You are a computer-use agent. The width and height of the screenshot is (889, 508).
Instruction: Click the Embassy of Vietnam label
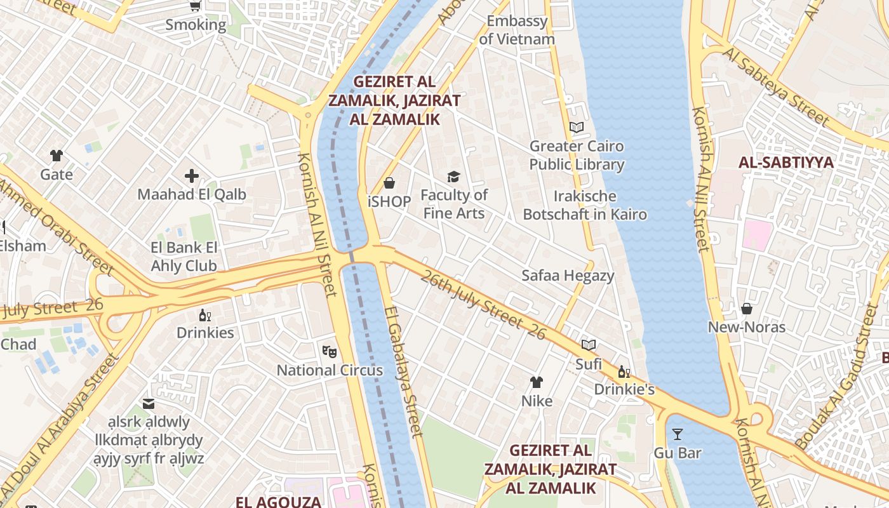[x=517, y=30]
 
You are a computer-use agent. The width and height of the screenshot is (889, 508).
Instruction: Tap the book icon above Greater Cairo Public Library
[x=577, y=127]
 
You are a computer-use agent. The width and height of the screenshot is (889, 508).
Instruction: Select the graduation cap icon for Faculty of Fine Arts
[x=453, y=177]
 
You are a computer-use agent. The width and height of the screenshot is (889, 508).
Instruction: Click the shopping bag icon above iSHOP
[x=389, y=183]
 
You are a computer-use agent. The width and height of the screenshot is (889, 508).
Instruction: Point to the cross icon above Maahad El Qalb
[x=192, y=176]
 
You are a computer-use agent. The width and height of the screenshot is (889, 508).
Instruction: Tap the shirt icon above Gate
[x=57, y=156]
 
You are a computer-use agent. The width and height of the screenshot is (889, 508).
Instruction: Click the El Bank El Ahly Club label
[x=184, y=257]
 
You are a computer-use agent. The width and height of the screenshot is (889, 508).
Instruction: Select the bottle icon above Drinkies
[x=205, y=315]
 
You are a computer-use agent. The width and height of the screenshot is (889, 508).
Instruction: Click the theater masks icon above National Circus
[x=329, y=351]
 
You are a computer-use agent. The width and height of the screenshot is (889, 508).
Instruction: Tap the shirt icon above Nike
[x=537, y=382]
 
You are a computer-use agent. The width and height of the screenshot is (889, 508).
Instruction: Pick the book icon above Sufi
[x=589, y=345]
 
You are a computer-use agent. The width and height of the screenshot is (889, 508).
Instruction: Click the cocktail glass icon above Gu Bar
[x=678, y=434]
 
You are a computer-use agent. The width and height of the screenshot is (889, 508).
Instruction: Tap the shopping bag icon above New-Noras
[x=747, y=309]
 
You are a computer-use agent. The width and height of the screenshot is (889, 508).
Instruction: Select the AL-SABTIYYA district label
[x=785, y=162]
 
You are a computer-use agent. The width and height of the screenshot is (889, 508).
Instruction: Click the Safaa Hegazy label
[x=568, y=276]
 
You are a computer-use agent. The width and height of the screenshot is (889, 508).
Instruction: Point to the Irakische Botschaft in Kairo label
[x=585, y=204]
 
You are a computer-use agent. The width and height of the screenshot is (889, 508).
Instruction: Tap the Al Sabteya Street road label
[x=775, y=86]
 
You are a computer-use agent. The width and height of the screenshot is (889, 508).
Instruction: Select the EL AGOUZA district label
[x=278, y=502]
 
